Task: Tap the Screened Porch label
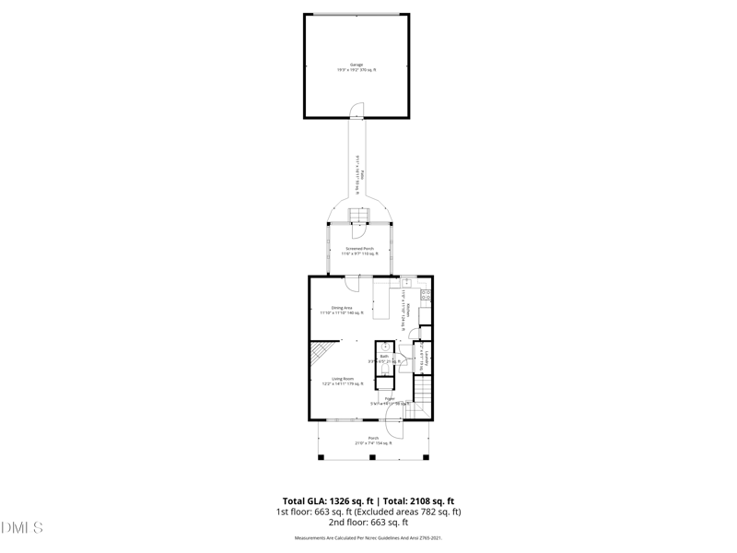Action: point(360,251)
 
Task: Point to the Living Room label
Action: point(344,381)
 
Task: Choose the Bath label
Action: point(384,357)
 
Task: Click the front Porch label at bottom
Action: point(373,440)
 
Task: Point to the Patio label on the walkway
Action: point(362,174)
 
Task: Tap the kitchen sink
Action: point(406,282)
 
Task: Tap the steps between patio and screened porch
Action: point(357,217)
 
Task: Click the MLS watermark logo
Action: point(22,528)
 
